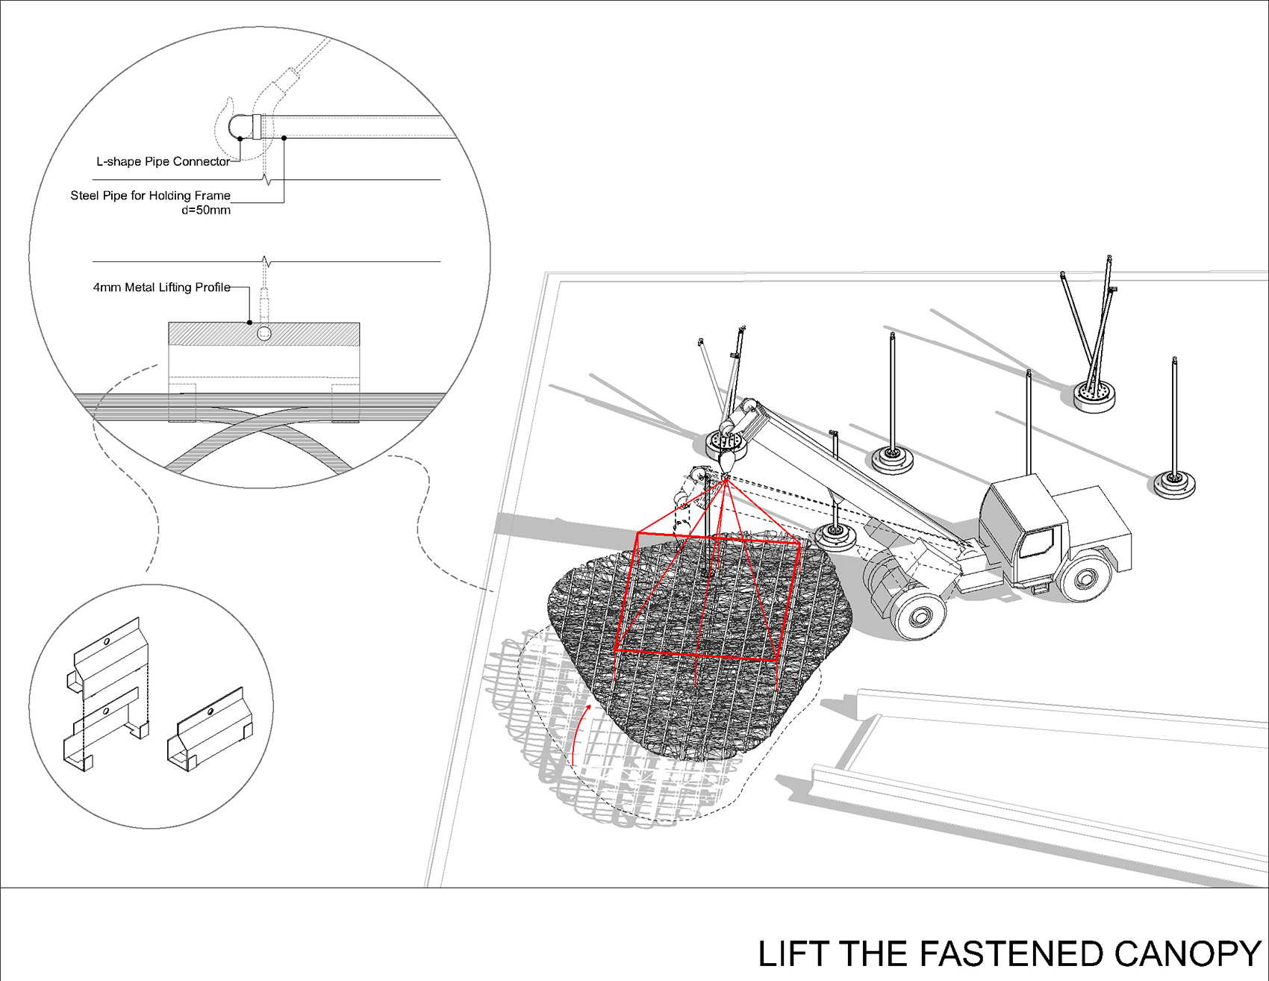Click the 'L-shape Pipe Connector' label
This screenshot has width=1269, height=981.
163,161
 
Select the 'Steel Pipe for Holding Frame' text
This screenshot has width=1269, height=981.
150,196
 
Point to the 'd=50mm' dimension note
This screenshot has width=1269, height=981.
206,211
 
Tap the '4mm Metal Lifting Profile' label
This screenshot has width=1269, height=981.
161,287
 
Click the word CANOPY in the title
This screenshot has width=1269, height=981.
1187,954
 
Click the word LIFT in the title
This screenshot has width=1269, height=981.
793,954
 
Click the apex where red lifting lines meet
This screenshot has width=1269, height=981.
726,480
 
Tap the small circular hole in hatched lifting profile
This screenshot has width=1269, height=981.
264,333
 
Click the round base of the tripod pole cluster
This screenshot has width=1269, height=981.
1094,395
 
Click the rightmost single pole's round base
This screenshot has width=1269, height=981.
1173,484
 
